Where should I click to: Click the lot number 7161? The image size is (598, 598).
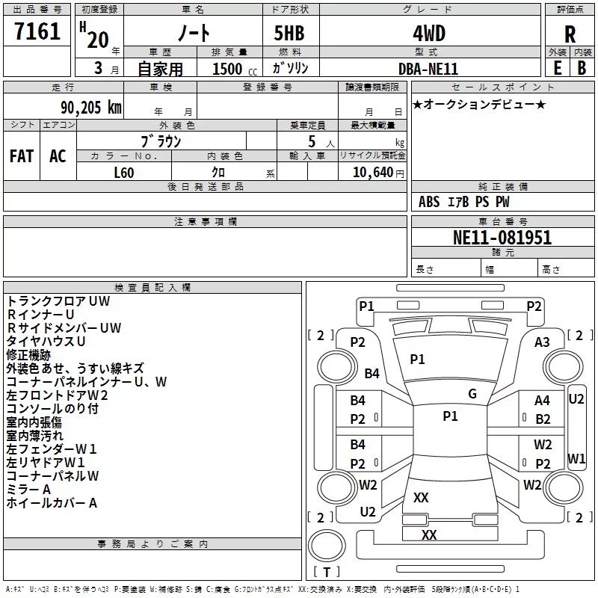[x=37, y=31]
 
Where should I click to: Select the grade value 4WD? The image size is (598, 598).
[x=429, y=34]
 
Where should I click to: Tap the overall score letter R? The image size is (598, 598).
[x=570, y=34]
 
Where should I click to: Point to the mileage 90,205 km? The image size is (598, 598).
[x=90, y=108]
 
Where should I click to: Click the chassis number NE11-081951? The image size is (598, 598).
[x=502, y=238]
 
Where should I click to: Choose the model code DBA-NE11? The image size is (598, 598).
[x=428, y=69]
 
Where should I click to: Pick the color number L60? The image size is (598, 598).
[x=124, y=173]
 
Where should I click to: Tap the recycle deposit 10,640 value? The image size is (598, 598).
[x=372, y=173]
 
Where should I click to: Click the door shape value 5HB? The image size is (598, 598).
[x=289, y=33]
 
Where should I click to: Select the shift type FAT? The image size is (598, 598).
[x=22, y=156]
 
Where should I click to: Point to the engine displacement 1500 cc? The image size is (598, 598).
[x=235, y=69]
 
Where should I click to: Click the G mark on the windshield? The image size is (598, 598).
[x=472, y=394]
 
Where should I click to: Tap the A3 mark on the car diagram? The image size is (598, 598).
[x=542, y=342]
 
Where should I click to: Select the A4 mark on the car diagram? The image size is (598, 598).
[x=542, y=401]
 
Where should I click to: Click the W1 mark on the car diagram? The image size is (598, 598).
[x=576, y=458]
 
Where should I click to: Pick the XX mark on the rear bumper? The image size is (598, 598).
[x=429, y=534]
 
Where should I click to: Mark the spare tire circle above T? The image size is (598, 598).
[x=327, y=546]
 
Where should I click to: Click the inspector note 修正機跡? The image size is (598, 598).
[x=28, y=355]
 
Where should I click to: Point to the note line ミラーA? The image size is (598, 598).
[x=28, y=490]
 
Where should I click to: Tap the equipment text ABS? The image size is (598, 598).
[x=429, y=202]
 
